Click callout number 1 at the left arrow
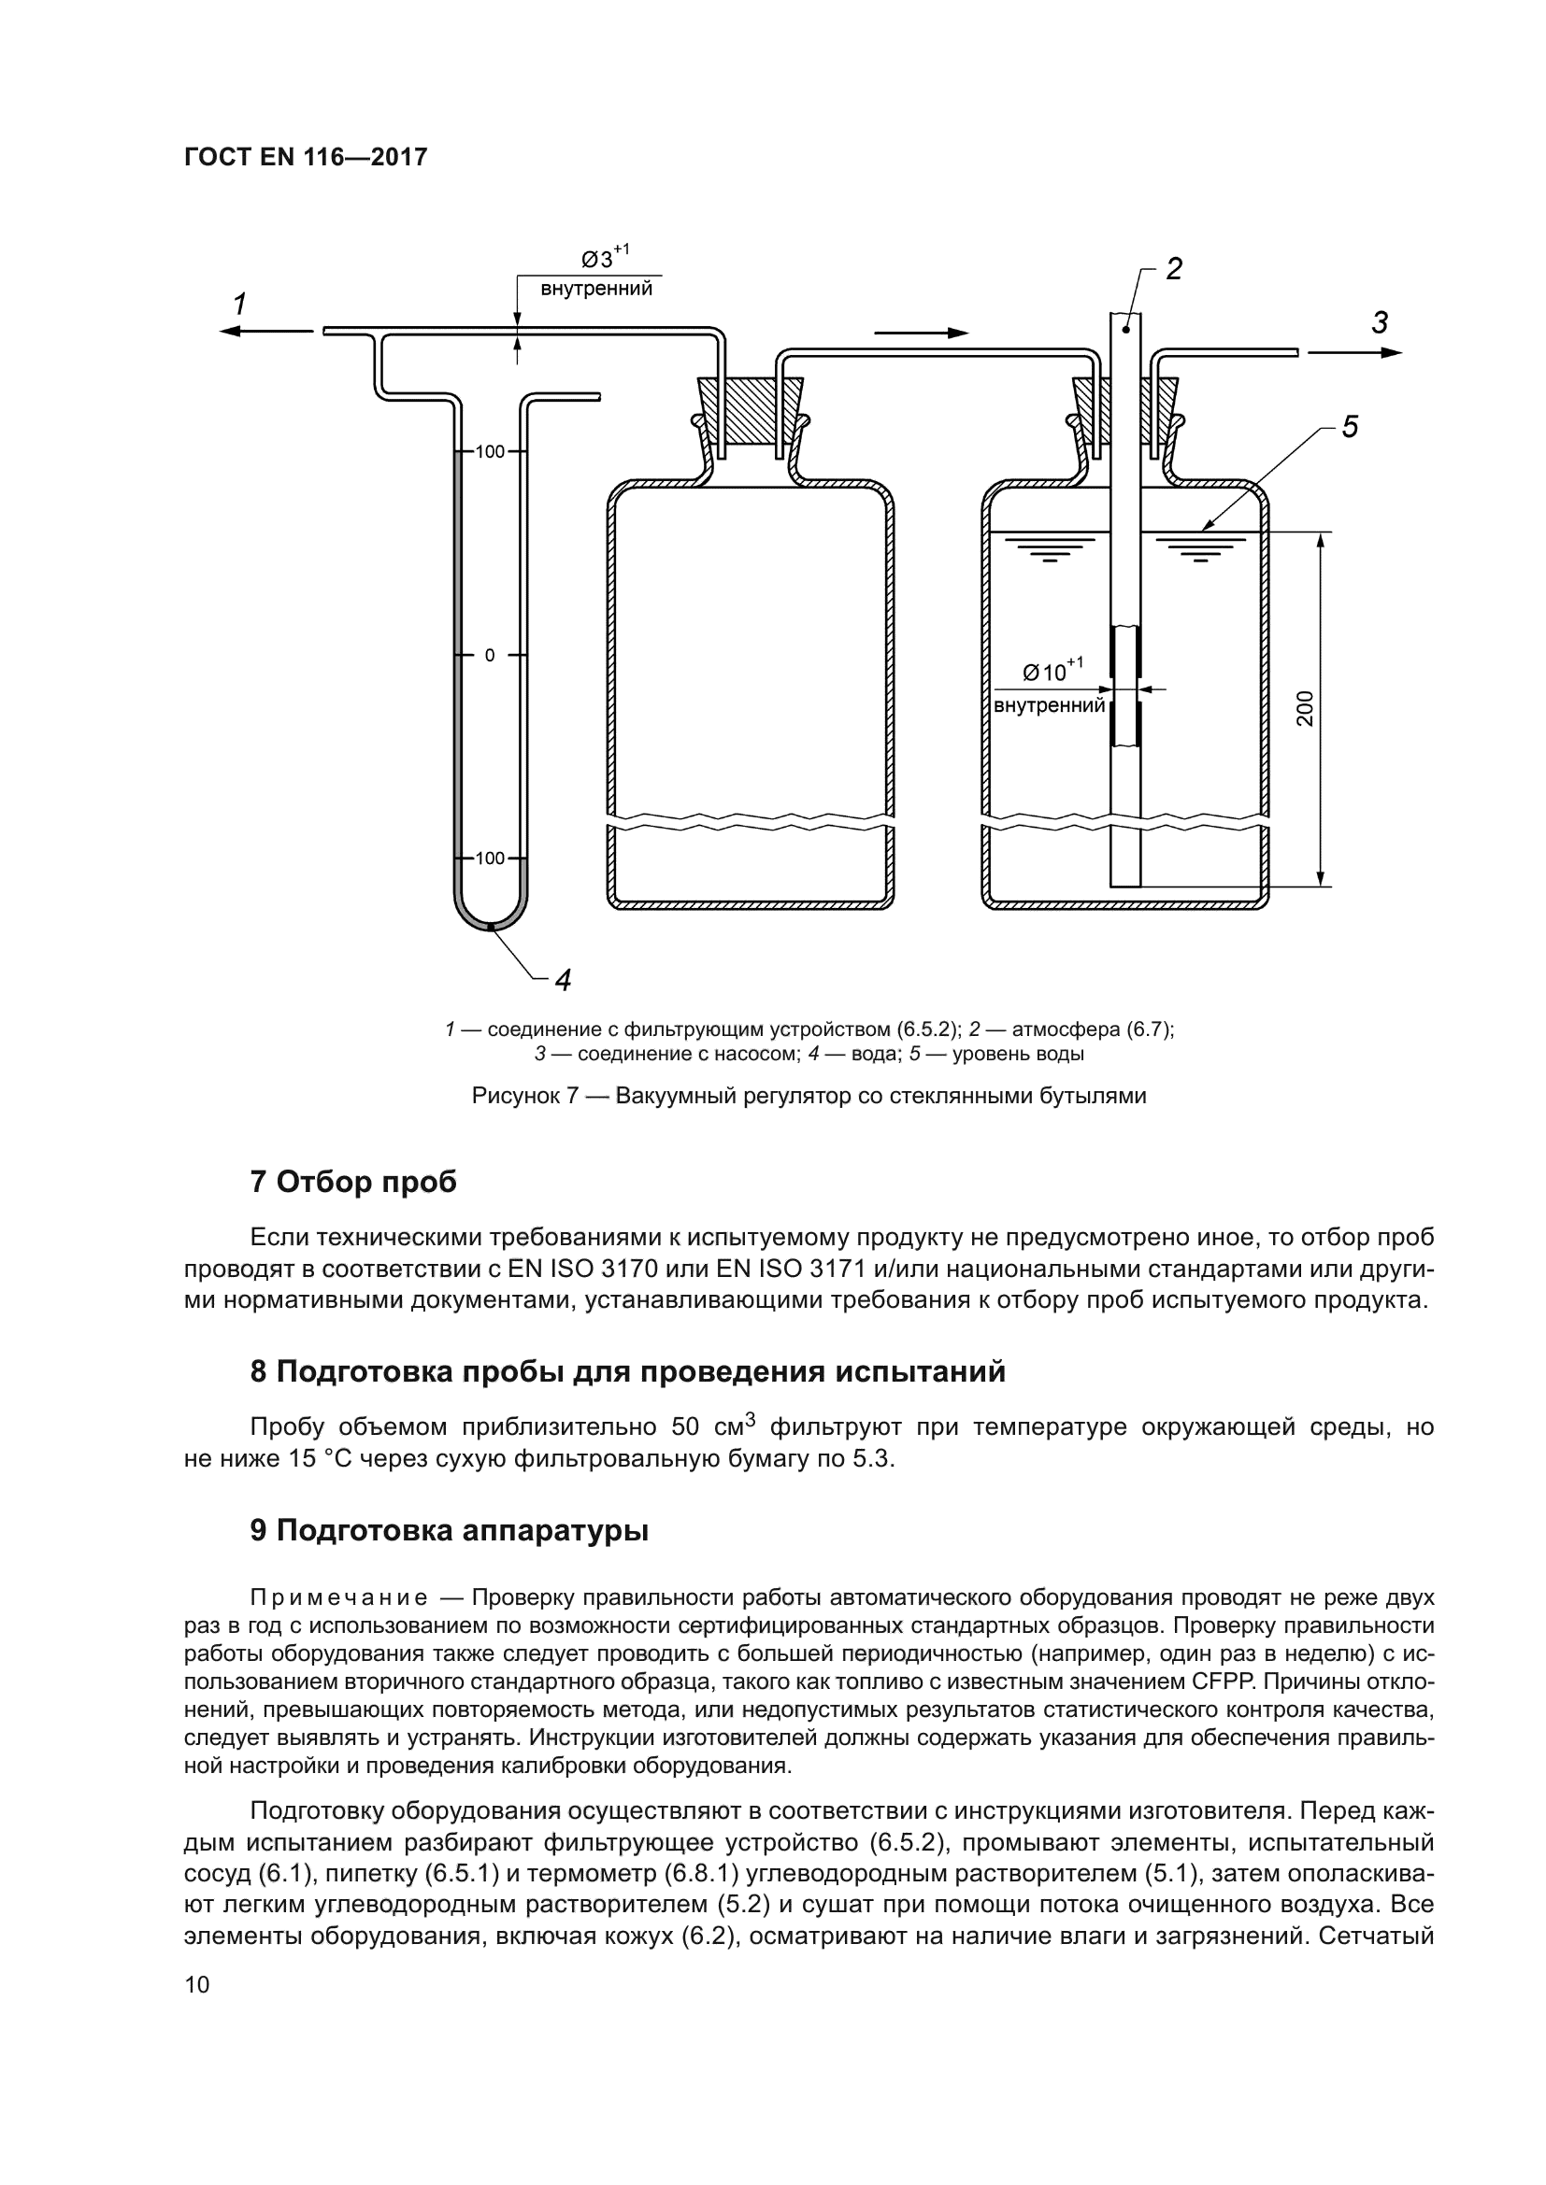(240, 305)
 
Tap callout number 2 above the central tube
(1174, 269)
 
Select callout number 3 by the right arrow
(1380, 323)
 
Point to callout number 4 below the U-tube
(563, 979)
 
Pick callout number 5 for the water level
(1350, 427)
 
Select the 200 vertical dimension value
(1305, 708)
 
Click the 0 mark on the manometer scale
(489, 655)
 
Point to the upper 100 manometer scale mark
(489, 451)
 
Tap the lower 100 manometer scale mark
(489, 858)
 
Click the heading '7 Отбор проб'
(353, 1182)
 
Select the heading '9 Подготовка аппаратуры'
(450, 1530)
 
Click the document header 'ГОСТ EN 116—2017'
(306, 157)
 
